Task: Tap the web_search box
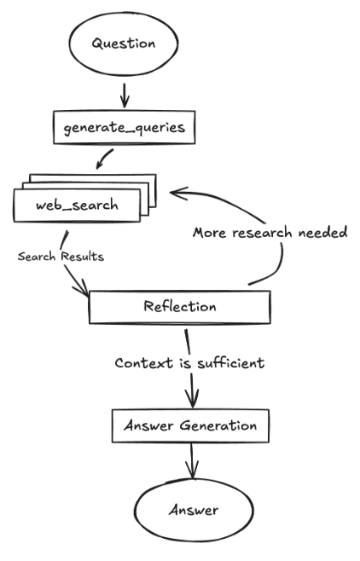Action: point(78,205)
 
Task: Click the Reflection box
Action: point(179,307)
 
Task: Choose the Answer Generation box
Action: point(191,425)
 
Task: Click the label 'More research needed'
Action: point(270,232)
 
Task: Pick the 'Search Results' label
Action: point(61,257)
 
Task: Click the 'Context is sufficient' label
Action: point(190,362)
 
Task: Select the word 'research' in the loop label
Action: point(261,232)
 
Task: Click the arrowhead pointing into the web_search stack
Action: point(176,194)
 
